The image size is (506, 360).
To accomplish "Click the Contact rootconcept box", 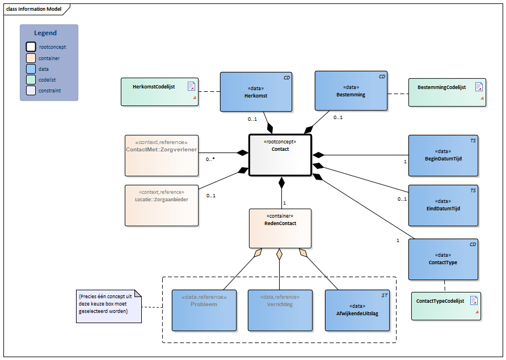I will pos(280,155).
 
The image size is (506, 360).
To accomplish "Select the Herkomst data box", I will pos(256,92).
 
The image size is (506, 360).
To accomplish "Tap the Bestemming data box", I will pos(351,91).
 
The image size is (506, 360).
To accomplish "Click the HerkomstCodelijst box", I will pos(159,92).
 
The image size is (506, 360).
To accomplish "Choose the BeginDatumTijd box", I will pos(443,155).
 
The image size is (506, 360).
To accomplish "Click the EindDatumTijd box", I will pos(443,205).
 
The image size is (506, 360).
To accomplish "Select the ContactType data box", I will pos(443,259).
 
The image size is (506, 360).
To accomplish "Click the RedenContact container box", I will pos(280,228).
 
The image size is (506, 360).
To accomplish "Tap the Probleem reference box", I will pos(204,310).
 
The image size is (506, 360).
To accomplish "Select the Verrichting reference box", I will pos(280,310).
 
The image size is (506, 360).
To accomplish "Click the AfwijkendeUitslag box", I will pos(357,310).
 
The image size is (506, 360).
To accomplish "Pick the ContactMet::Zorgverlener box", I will pos(161,155).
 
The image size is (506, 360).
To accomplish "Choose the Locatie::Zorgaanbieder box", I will pos(161,205).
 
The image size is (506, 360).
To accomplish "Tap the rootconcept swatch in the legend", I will pos(31,47).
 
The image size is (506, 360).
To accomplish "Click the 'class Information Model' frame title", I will pos(33,9).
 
